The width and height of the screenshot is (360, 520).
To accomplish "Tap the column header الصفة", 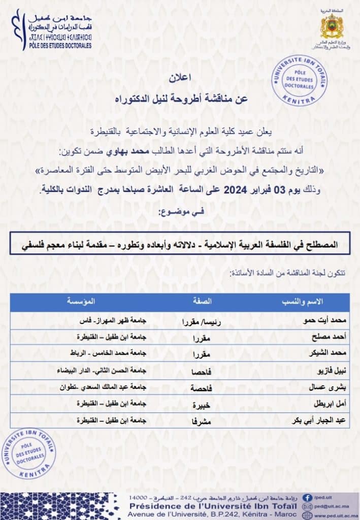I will click(196, 301).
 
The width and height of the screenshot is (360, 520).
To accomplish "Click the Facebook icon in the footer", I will click(307, 498).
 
